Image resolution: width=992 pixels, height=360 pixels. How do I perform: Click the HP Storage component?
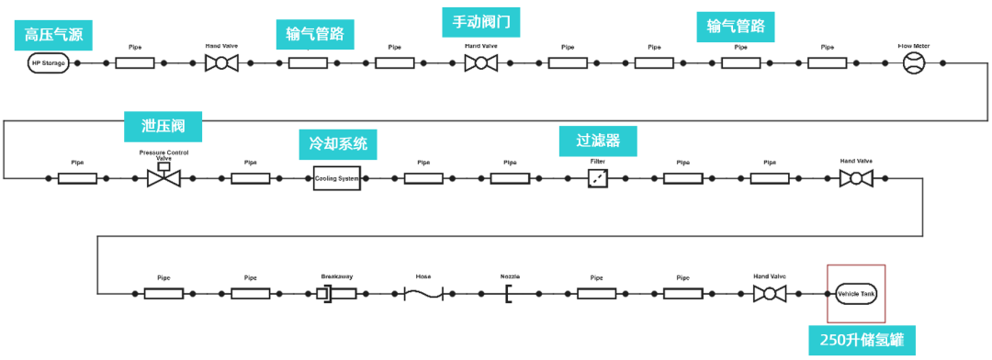pos(50,63)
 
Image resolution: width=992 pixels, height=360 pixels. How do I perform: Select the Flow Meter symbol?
pos(914,63)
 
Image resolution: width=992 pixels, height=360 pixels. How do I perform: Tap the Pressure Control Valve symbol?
pos(163,176)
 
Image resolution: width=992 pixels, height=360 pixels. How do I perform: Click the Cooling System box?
pos(336,178)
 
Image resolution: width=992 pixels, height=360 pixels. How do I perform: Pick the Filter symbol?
pos(598,178)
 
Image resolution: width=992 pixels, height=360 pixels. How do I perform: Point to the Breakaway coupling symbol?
pos(336,294)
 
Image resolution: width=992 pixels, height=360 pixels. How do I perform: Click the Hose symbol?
pos(423,294)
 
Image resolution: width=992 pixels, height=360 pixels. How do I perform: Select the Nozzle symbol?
pos(509,294)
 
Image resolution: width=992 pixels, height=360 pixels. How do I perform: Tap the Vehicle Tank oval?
pos(856,294)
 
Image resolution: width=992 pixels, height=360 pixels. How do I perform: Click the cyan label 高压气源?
pos(53,35)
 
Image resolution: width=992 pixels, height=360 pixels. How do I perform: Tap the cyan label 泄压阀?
pos(163,124)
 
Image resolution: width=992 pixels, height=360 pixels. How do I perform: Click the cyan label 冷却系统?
pos(338,144)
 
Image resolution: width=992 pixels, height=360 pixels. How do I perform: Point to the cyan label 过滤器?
pos(598,141)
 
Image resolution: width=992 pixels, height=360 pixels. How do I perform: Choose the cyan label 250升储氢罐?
pos(862,342)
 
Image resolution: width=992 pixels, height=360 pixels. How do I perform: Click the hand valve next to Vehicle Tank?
pos(770,294)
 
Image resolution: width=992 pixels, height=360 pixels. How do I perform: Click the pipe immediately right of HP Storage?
pos(135,63)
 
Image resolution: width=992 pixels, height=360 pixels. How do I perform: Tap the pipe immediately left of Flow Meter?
pos(827,63)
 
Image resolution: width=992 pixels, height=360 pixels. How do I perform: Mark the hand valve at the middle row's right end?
pos(856,178)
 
